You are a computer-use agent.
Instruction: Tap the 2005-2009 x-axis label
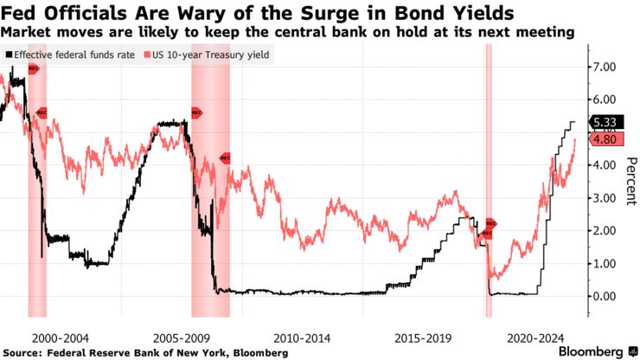(x=179, y=336)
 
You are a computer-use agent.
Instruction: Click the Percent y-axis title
(x=630, y=182)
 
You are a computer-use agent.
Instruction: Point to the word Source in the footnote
(x=24, y=352)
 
